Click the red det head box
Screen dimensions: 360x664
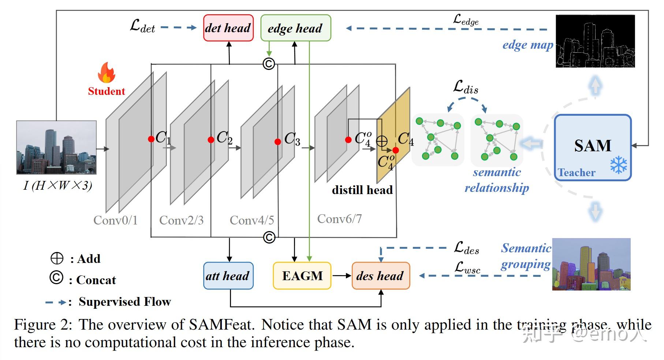pyautogui.click(x=228, y=28)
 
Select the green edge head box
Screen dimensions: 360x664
pyautogui.click(x=295, y=28)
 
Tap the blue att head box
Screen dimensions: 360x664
pyautogui.click(x=228, y=276)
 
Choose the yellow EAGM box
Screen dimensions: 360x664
pyautogui.click(x=302, y=276)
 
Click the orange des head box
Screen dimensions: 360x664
pyautogui.click(x=381, y=276)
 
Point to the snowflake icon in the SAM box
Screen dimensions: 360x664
pyautogui.click(x=618, y=165)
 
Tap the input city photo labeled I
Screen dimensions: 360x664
pyautogui.click(x=56, y=147)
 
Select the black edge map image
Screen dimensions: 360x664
pyautogui.click(x=595, y=41)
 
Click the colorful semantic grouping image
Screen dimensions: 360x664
pyautogui.click(x=591, y=264)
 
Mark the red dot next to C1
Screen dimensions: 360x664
pyautogui.click(x=151, y=139)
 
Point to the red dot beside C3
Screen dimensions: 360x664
pyautogui.click(x=278, y=142)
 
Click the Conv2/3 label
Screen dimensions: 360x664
pyautogui.click(x=181, y=220)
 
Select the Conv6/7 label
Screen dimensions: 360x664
pyautogui.click(x=339, y=219)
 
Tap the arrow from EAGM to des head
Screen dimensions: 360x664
pyautogui.click(x=341, y=276)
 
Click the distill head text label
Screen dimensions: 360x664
pyautogui.click(x=362, y=190)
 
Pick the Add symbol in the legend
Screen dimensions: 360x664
pyautogui.click(x=57, y=258)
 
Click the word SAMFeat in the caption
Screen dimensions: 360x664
pyautogui.click(x=221, y=324)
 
